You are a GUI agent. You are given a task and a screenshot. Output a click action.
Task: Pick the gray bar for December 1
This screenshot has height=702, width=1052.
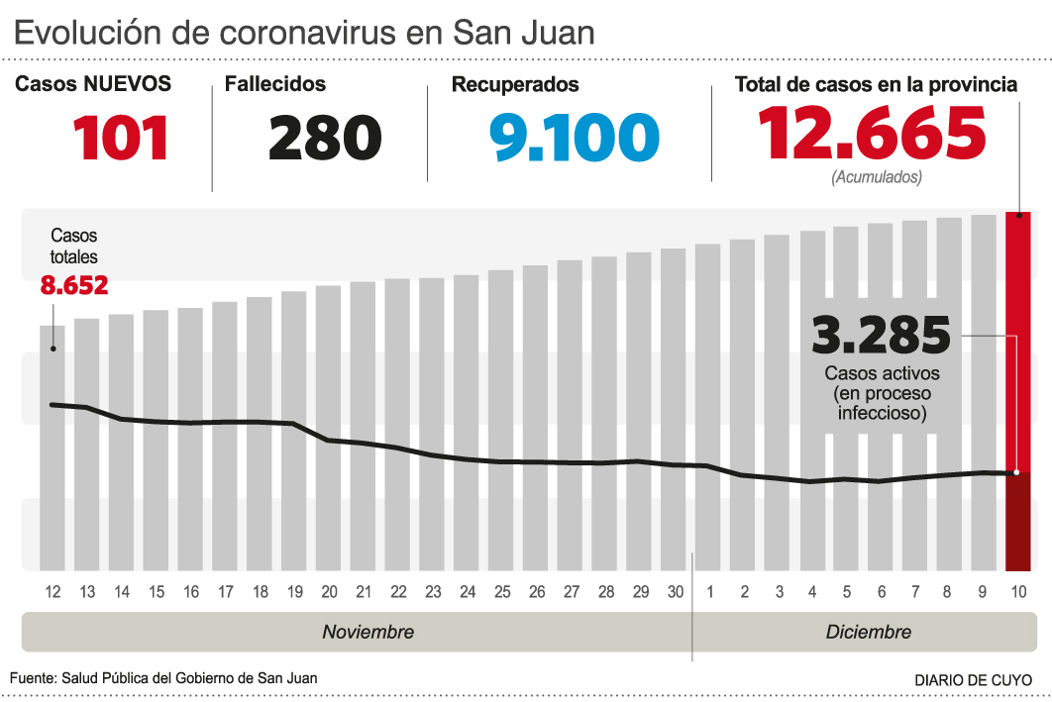707,406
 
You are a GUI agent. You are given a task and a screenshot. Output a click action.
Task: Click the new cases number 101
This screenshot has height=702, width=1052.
120,138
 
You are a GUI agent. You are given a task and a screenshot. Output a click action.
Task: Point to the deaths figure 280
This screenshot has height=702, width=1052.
325,138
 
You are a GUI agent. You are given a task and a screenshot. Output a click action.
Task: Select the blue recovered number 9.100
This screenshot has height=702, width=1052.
575,138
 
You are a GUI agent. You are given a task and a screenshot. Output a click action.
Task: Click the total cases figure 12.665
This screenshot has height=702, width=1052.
872,133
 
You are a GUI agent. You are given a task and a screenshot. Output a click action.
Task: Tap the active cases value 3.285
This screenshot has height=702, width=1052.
881,336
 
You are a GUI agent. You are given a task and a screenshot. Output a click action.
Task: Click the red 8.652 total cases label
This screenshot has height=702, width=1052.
74,286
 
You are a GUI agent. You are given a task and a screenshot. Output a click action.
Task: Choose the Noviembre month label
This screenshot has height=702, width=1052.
368,632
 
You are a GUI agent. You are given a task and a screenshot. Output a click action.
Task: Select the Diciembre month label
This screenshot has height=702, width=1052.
868,632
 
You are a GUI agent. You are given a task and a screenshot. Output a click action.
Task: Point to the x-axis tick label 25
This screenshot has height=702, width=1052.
502,592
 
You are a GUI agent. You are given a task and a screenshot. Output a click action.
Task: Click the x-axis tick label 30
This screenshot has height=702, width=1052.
675,592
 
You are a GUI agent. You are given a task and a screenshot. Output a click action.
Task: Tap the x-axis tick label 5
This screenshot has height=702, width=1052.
846,592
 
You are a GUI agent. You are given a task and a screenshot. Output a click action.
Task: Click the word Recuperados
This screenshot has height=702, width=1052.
515,85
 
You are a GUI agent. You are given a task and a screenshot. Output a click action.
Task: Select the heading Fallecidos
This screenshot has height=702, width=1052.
274,85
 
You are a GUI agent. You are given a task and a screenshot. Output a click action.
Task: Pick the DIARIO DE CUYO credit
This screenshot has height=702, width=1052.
972,680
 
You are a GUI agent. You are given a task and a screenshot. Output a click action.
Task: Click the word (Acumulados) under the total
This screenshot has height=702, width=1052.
876,178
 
